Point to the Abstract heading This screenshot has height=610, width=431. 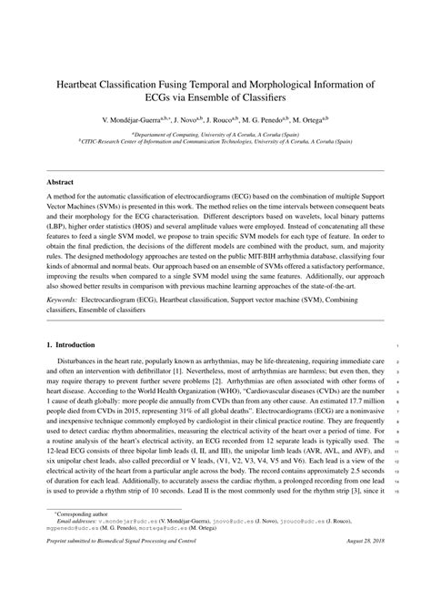click(x=61, y=183)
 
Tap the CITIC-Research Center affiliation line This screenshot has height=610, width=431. click(x=215, y=140)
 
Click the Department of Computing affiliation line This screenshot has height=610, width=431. click(x=215, y=132)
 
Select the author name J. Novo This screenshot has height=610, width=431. click(x=186, y=118)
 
